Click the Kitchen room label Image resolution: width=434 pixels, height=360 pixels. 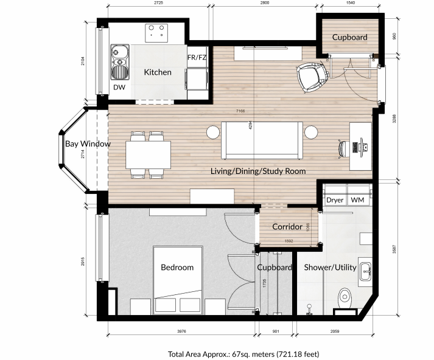pos(158,72)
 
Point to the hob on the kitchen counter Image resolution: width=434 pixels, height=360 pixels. pos(156,29)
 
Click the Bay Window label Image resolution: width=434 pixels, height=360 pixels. pos(88,144)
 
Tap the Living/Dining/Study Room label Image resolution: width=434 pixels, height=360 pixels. pos(258,171)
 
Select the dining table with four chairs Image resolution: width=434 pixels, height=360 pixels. pos(149,155)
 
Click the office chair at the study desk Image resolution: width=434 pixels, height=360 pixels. pos(345,148)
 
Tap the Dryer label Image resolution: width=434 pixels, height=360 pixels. pos(335,200)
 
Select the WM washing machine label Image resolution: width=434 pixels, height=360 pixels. pos(357,200)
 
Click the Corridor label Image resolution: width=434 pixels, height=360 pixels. pos(287,227)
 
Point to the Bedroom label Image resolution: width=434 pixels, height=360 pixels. pos(177,268)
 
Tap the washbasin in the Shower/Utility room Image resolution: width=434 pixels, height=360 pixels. pos(366,271)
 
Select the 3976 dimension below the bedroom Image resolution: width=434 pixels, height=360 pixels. pos(181,331)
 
